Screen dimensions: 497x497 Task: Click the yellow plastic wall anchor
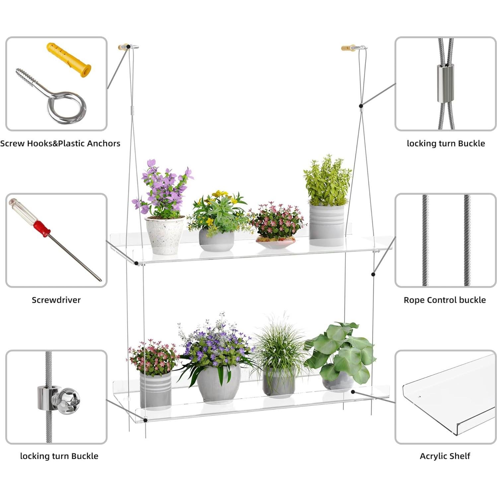(x=69, y=59)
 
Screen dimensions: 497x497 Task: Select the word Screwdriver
(x=56, y=300)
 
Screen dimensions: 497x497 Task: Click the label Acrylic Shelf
(x=445, y=456)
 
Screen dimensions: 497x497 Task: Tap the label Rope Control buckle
(x=444, y=300)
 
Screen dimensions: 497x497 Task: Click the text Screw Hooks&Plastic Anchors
(x=60, y=144)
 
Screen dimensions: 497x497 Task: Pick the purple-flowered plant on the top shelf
(x=164, y=189)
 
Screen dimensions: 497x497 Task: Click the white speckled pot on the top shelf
(x=165, y=235)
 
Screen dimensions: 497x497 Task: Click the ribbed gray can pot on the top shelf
(x=326, y=225)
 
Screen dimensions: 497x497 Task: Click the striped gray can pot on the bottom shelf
(x=155, y=390)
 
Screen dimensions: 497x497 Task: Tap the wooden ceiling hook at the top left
(x=123, y=47)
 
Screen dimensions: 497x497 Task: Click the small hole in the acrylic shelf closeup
(x=419, y=396)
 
